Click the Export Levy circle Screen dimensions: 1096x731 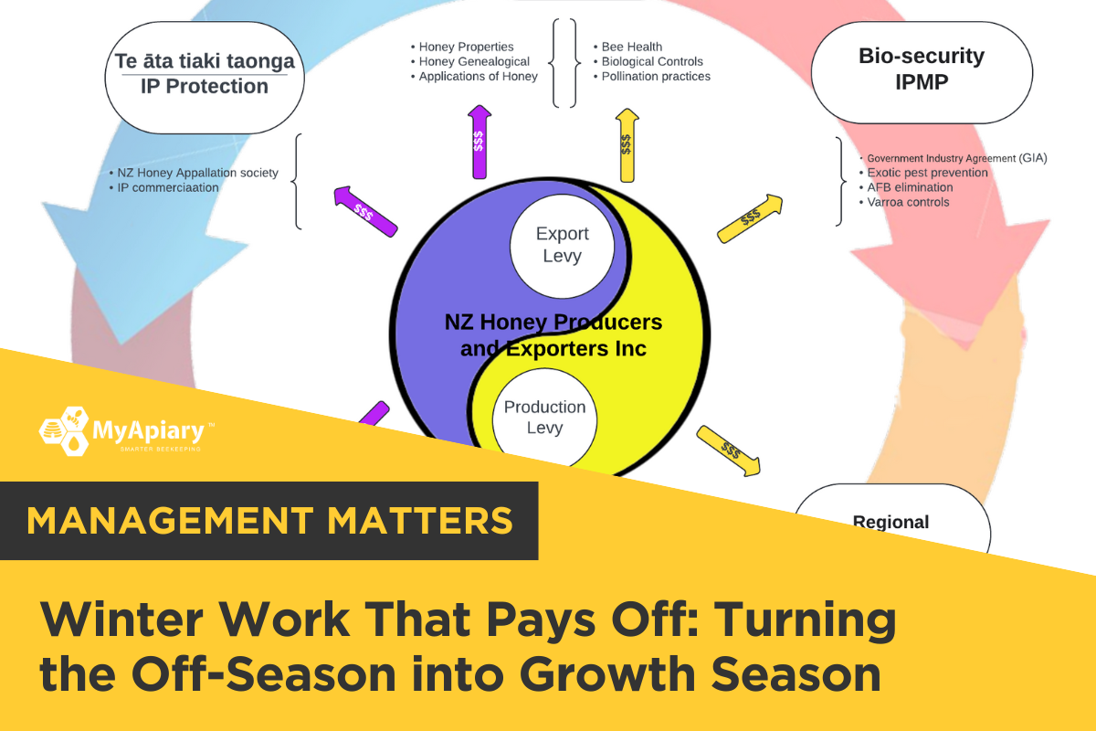[x=562, y=247]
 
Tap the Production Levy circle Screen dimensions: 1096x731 [x=544, y=418]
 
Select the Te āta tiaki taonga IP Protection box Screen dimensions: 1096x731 [x=205, y=78]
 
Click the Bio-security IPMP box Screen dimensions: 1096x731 [x=922, y=72]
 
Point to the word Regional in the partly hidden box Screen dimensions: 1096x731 [x=890, y=523]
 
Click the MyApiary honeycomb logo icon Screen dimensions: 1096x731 [x=64, y=431]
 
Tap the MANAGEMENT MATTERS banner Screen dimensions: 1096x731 [x=269, y=521]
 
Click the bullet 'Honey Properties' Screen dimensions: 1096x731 [x=462, y=47]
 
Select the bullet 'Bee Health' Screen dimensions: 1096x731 [x=627, y=47]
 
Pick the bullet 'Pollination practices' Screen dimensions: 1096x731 [x=651, y=77]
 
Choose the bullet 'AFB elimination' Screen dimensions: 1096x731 [x=906, y=187]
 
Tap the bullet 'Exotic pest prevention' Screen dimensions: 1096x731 [x=923, y=173]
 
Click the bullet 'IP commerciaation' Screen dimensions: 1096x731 [x=163, y=187]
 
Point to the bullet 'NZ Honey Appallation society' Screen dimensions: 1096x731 [x=194, y=173]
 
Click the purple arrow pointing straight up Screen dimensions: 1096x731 [x=479, y=142]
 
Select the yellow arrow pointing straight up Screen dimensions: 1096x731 [x=627, y=145]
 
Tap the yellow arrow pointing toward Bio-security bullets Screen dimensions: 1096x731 [x=750, y=217]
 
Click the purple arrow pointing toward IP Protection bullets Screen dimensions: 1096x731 [x=365, y=211]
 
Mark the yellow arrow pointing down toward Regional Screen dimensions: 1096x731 [x=729, y=450]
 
